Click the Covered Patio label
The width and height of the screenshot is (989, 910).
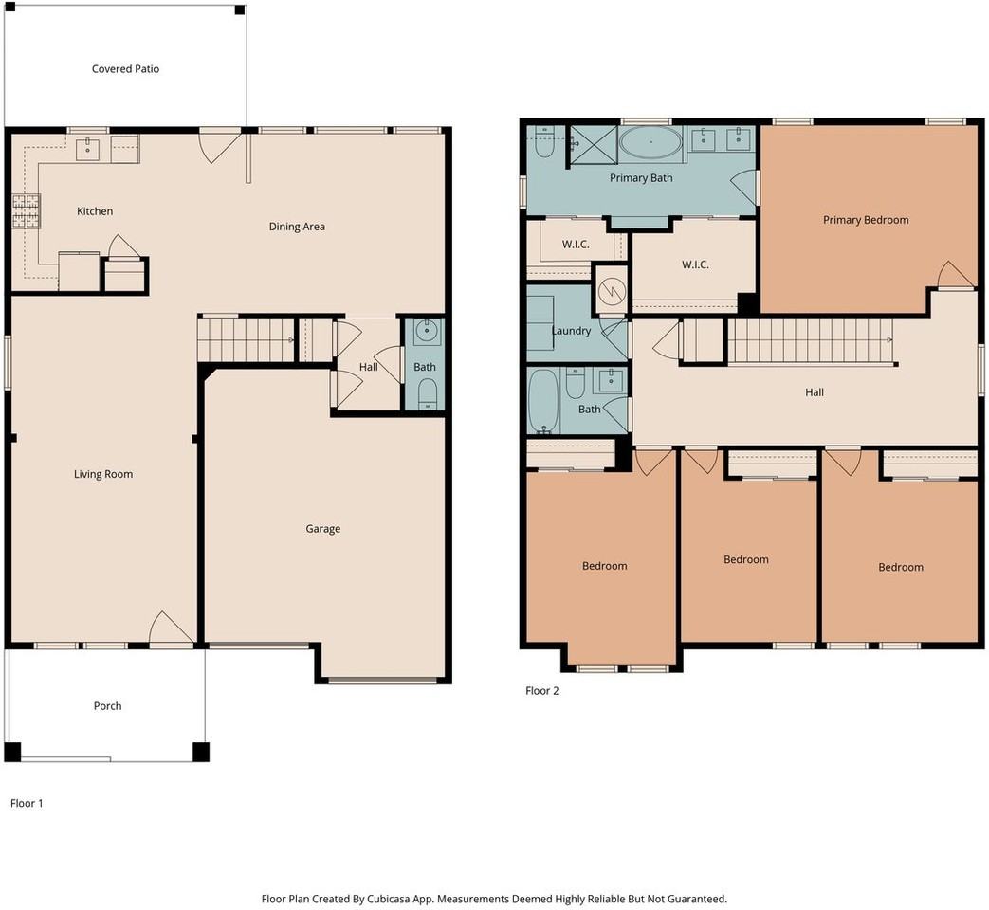click(125, 69)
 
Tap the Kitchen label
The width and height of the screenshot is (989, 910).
click(95, 211)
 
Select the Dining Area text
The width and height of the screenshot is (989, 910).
click(297, 227)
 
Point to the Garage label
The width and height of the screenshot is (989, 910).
click(323, 529)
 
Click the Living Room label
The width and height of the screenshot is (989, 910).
click(103, 474)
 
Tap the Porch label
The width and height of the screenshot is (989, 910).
click(107, 705)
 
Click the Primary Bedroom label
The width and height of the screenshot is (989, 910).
click(866, 220)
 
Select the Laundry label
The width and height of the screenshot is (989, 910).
click(572, 331)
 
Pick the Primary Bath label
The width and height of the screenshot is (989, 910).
click(641, 178)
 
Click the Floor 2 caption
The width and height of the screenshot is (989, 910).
click(541, 690)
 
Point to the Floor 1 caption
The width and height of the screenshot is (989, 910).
click(27, 803)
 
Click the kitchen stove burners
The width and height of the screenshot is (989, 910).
click(25, 211)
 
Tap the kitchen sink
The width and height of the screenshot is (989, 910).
click(87, 150)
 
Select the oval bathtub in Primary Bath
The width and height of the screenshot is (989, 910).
click(650, 143)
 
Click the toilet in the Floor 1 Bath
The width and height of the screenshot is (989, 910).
click(428, 393)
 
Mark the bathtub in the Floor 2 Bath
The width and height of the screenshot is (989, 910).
click(543, 402)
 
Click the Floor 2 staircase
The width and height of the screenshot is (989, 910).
click(811, 341)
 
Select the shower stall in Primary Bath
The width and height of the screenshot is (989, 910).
click(593, 146)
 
